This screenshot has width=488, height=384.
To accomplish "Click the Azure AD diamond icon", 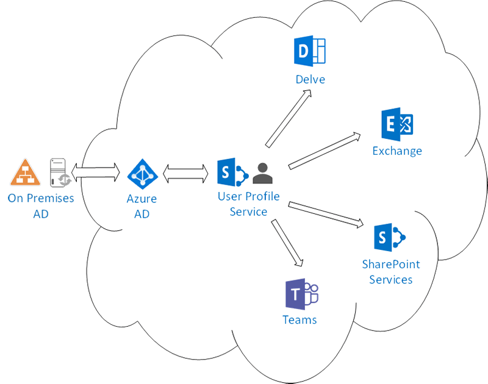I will tap(142, 175).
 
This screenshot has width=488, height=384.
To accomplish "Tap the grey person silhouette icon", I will tap(263, 174).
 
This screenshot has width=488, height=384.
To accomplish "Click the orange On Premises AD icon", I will tap(25, 173).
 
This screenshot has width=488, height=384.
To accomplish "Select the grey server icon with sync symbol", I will tap(60, 172).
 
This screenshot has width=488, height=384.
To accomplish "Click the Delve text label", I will tap(310, 79).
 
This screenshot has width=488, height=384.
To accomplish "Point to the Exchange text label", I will tap(397, 151).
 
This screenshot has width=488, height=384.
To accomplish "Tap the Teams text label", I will tap(300, 320).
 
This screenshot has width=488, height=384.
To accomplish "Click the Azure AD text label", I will tap(142, 205).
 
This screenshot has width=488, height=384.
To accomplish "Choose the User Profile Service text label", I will tap(248, 204).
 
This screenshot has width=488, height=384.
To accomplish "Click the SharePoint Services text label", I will tap(391, 272).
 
